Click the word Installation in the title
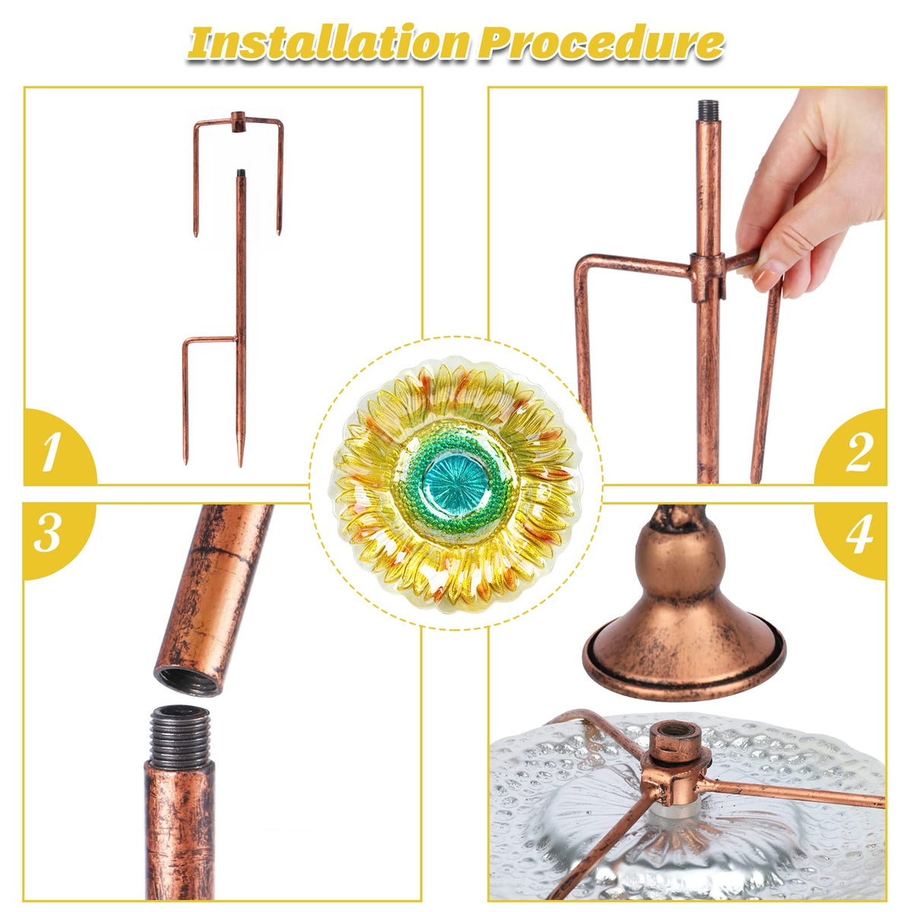click(328, 43)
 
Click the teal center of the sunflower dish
click(456, 483)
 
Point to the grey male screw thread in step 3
click(179, 736)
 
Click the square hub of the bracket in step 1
click(238, 122)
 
